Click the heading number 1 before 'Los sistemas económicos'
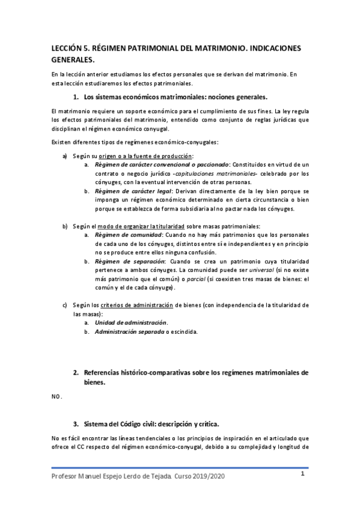75,97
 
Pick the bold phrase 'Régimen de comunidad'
125,235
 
